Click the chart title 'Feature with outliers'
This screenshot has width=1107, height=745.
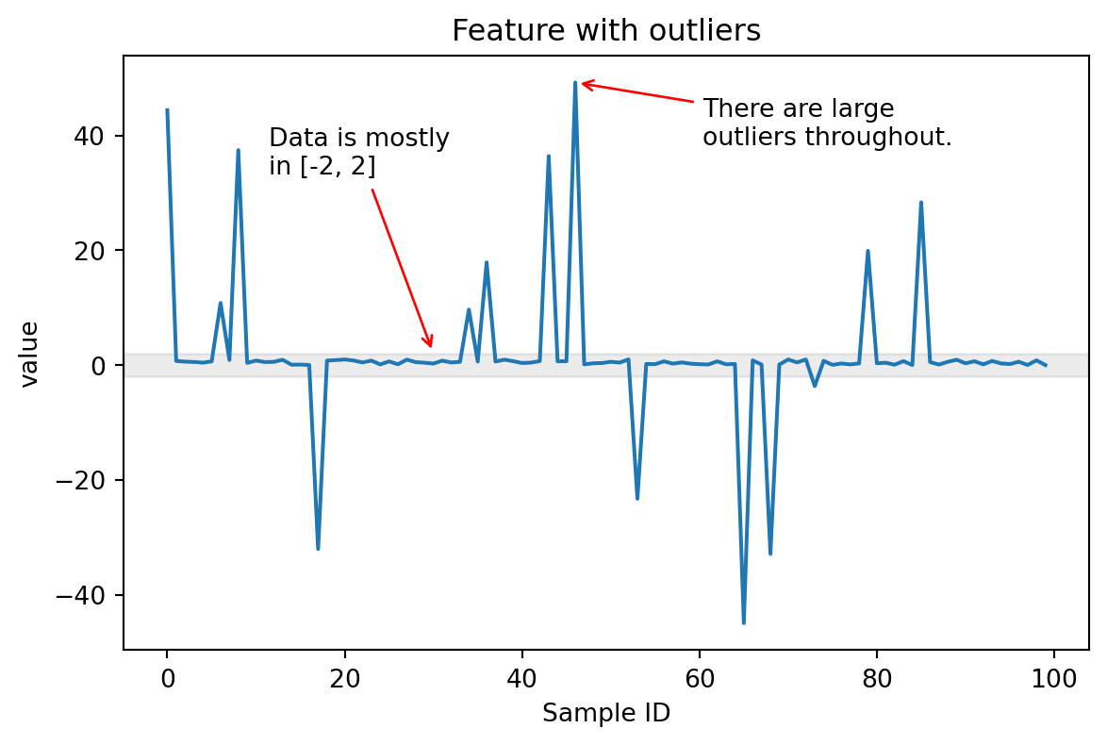point(605,31)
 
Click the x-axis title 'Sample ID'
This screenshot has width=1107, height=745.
point(605,714)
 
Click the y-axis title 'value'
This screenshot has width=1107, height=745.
point(30,354)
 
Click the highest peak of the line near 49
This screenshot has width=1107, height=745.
point(575,83)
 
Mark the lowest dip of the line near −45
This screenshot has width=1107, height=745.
point(744,621)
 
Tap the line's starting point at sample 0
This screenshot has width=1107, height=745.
point(167,110)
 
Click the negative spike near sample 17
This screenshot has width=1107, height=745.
point(318,548)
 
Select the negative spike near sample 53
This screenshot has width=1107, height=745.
point(637,497)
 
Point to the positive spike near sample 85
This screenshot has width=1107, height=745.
point(921,203)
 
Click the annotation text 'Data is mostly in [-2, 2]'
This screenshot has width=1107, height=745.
point(359,152)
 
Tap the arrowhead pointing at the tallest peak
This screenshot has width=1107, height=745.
point(584,84)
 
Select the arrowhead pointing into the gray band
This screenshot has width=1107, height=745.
point(430,344)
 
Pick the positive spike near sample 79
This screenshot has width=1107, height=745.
point(867,251)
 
